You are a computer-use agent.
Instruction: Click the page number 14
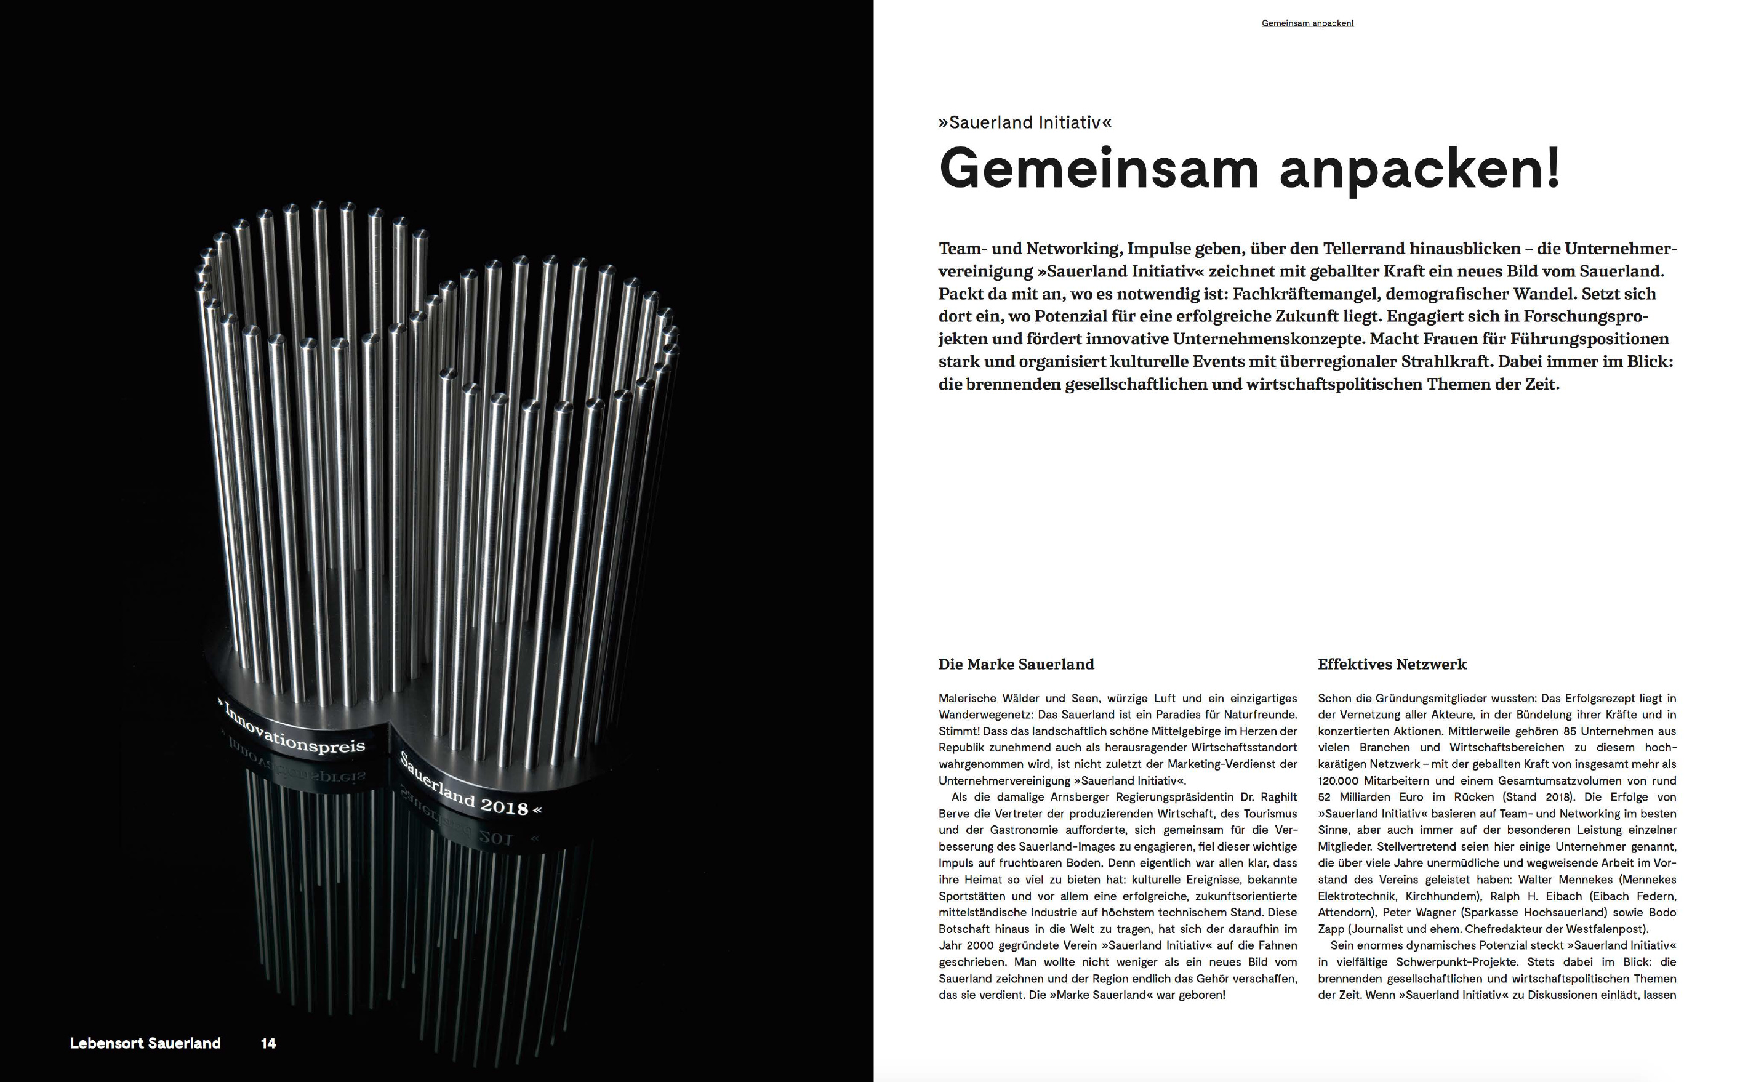[x=268, y=1043]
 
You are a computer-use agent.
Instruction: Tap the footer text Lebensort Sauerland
[x=145, y=1043]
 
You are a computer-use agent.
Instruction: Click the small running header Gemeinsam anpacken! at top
[x=1307, y=23]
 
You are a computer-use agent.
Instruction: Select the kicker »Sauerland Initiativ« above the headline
[x=1025, y=122]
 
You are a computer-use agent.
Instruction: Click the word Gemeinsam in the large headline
[x=1098, y=169]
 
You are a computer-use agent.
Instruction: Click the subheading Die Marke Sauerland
[x=1016, y=664]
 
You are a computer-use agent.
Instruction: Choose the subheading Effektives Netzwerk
[x=1392, y=664]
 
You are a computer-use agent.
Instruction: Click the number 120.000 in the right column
[x=1338, y=781]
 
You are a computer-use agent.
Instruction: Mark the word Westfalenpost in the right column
[x=1606, y=929]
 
